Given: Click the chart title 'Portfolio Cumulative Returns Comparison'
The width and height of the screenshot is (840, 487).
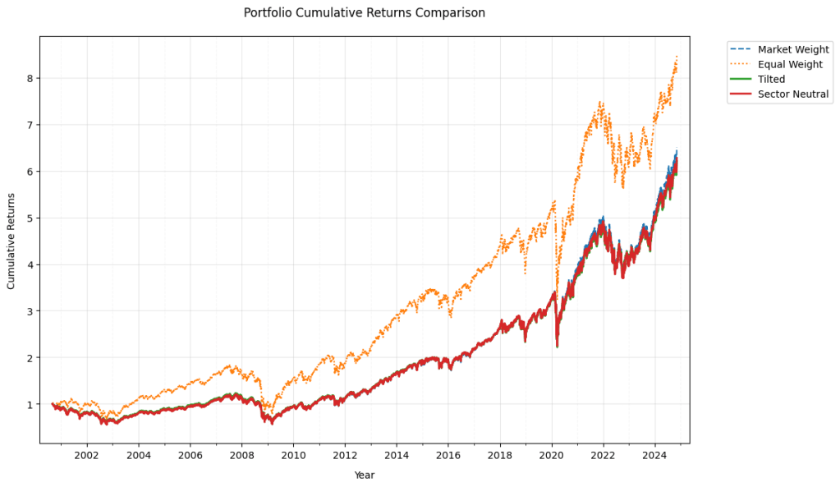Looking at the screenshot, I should [365, 13].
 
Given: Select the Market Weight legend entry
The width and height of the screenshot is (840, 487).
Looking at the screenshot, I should [792, 49].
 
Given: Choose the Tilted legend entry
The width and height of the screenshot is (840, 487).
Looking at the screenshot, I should [771, 80].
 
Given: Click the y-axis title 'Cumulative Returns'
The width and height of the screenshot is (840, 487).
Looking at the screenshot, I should [11, 240].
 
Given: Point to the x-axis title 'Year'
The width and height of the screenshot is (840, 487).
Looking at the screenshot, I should [365, 475].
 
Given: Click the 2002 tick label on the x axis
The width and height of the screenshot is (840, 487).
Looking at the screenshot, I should [87, 454].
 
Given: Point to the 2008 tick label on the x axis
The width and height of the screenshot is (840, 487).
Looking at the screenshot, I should [242, 454].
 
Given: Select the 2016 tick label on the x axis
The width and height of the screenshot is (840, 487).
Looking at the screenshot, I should [448, 454].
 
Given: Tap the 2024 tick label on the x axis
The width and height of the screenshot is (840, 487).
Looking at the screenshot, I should [654, 454].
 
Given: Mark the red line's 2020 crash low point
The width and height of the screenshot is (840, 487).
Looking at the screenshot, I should [558, 347].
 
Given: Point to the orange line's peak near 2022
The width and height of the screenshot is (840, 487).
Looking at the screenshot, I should [601, 103].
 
